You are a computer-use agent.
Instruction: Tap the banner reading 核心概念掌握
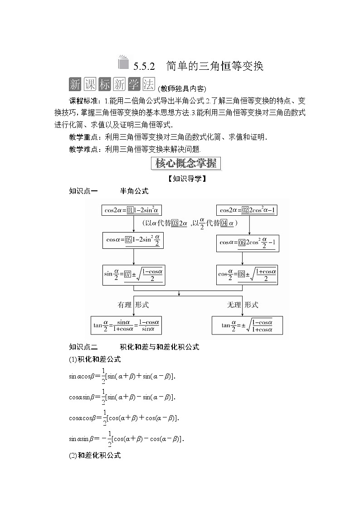(x=186, y=163)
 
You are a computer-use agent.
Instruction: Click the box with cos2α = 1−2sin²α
(x=133, y=210)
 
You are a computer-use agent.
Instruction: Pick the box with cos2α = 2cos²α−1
(x=248, y=210)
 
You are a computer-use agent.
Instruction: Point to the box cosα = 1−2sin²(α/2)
(x=133, y=241)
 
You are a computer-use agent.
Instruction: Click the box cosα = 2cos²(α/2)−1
(x=248, y=243)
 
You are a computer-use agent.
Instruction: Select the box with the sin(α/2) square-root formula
(x=133, y=275)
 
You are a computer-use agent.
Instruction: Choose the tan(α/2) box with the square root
(x=247, y=325)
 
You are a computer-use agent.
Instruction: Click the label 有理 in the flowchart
(x=125, y=305)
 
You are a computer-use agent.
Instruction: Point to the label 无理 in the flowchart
(x=234, y=305)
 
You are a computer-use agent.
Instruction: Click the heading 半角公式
(x=134, y=191)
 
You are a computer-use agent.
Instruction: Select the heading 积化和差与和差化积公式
(x=153, y=347)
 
